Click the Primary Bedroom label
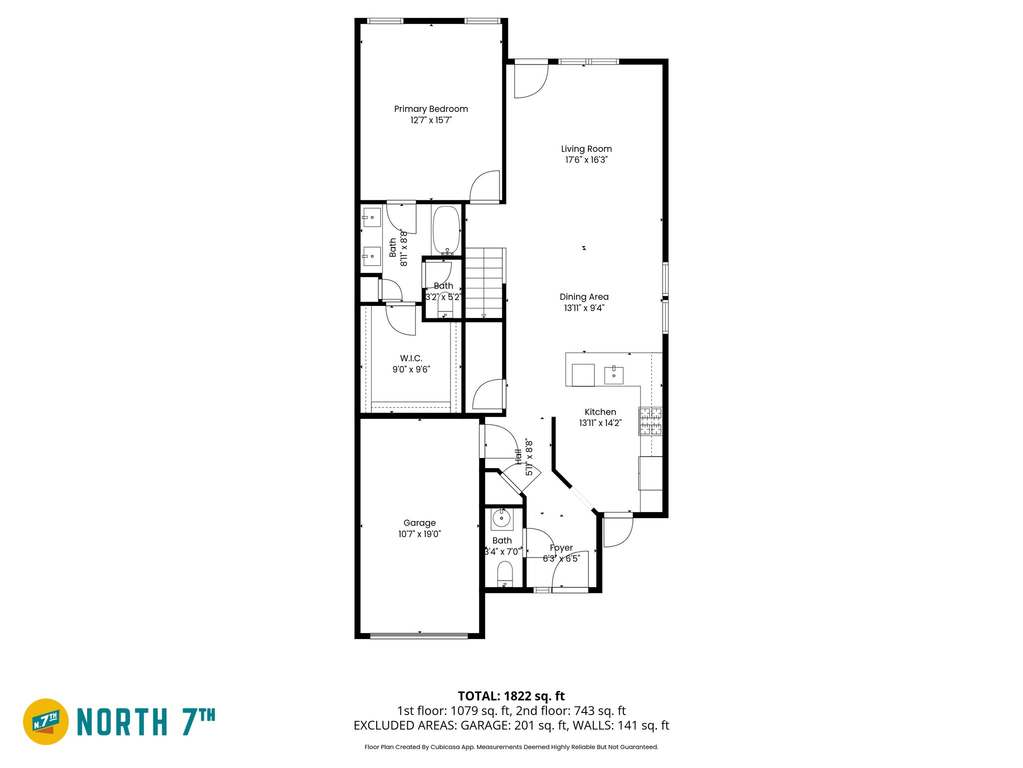point(431,109)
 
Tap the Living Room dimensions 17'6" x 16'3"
point(586,160)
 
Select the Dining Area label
point(584,297)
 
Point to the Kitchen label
point(600,412)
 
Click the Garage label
point(419,523)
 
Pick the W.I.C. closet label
point(411,358)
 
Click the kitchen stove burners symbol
point(651,421)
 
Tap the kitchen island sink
point(613,374)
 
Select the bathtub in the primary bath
point(446,230)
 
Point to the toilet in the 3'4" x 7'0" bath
point(505,573)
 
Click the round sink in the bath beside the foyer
point(502,518)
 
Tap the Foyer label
point(561,548)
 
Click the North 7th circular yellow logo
point(46,721)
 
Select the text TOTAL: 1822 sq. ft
point(511,696)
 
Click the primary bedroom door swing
point(486,187)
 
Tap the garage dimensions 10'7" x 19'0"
point(419,534)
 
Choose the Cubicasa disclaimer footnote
point(511,747)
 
